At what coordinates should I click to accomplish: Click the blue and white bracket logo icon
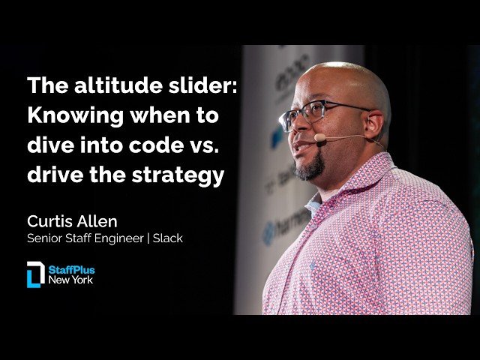35,274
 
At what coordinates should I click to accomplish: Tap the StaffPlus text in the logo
72,269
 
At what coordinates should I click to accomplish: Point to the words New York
72,280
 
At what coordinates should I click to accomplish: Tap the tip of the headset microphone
320,138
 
